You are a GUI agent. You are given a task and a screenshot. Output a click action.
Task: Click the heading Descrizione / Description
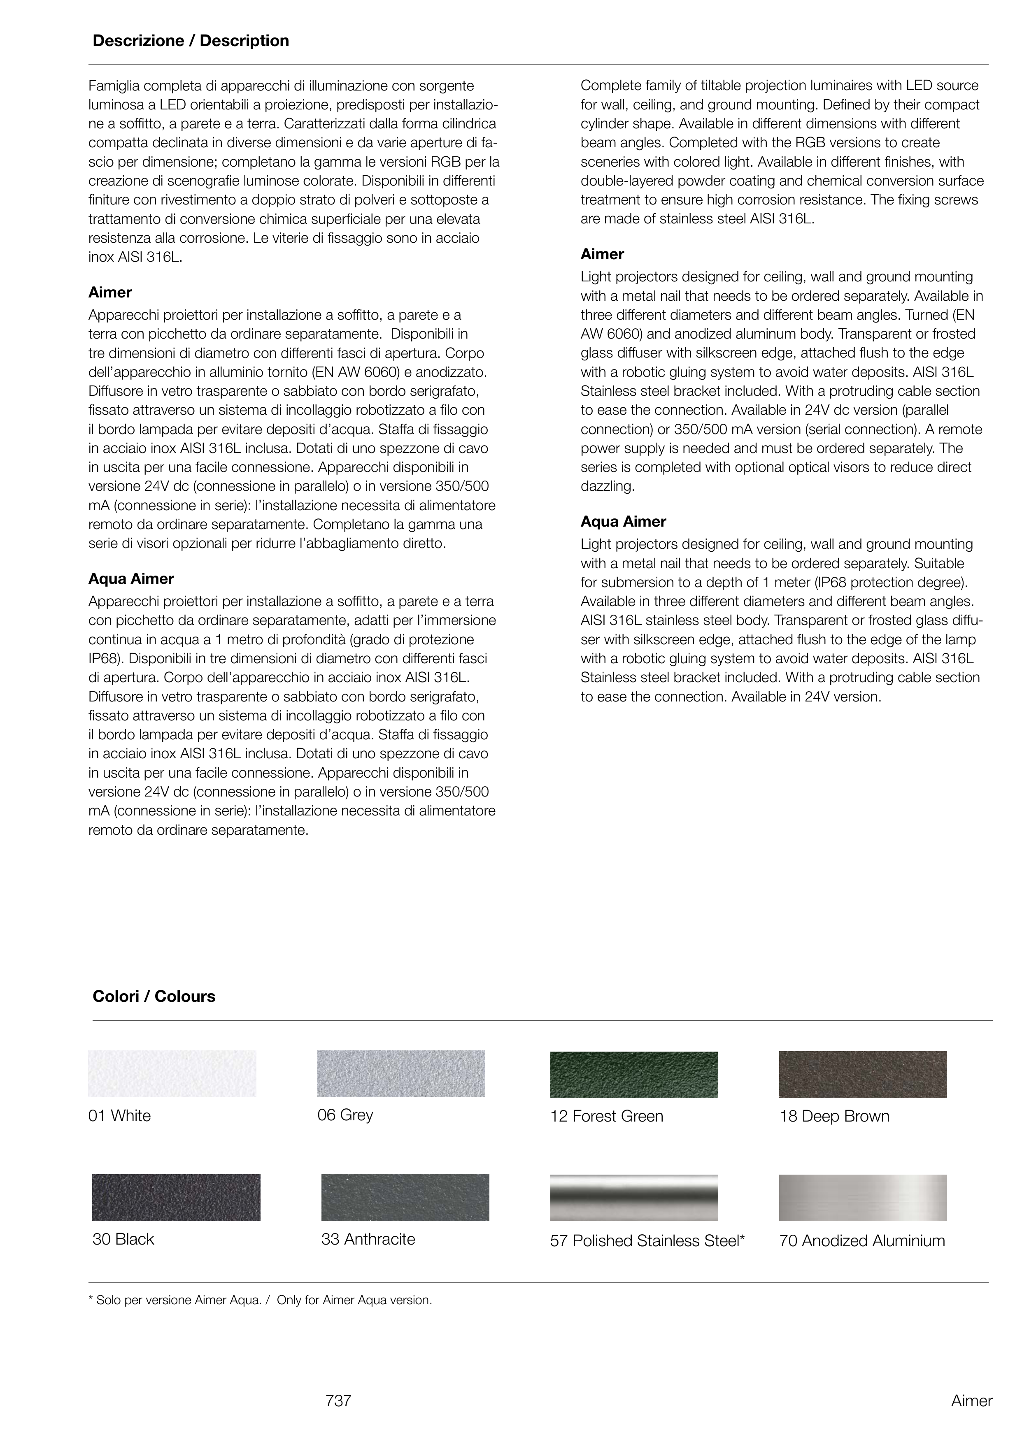[x=191, y=41]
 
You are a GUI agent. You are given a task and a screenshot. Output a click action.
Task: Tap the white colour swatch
[x=172, y=1073]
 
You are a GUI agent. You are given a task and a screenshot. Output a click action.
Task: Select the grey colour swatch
[x=401, y=1073]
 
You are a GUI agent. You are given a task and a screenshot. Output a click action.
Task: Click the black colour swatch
[x=176, y=1198]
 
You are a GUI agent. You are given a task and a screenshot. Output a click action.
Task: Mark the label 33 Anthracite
[x=368, y=1239]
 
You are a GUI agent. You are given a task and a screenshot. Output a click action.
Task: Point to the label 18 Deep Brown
[x=834, y=1117]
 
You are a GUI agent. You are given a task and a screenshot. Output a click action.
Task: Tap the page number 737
[x=338, y=1401]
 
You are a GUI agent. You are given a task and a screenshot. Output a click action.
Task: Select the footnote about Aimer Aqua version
[x=261, y=1301]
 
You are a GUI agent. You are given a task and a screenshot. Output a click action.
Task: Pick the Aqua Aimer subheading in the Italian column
[x=131, y=579]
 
